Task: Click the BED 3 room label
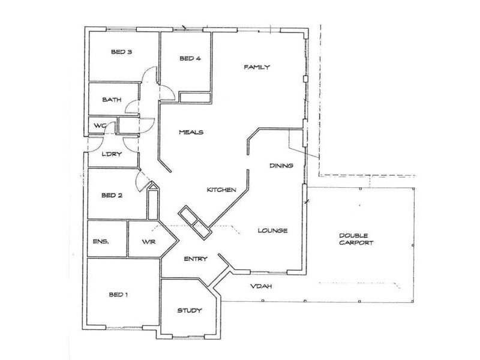click(x=121, y=52)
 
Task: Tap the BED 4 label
click(x=190, y=58)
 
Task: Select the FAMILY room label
click(x=258, y=67)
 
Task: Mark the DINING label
click(x=281, y=166)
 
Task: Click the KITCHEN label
click(x=221, y=190)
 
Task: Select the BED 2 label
click(x=112, y=195)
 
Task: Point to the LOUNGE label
click(x=273, y=230)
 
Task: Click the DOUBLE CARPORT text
click(x=356, y=239)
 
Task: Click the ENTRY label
click(x=196, y=259)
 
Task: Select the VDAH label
click(x=262, y=286)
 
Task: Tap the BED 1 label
click(x=119, y=295)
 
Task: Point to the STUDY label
click(x=189, y=310)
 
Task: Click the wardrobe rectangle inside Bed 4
click(x=194, y=98)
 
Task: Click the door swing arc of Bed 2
click(x=142, y=180)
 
